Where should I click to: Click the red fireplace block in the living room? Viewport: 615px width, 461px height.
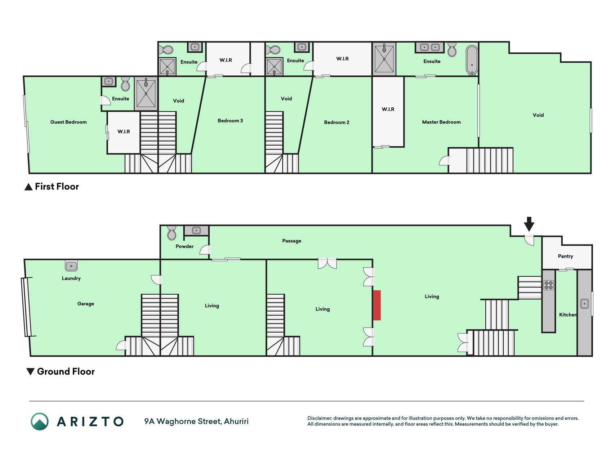point(376,305)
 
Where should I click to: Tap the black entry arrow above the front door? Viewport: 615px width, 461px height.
point(529,224)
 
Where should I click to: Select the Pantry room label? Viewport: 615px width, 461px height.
point(565,256)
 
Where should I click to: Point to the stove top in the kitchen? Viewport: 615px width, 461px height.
point(549,285)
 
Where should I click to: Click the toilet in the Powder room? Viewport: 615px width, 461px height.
point(172,233)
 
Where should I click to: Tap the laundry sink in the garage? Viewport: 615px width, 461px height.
point(71,266)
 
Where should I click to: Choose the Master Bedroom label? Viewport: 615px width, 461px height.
point(441,122)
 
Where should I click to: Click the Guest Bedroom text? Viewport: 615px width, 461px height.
point(68,122)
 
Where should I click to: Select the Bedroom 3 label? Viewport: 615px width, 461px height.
point(230,121)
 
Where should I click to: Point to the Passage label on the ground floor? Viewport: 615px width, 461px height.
point(291,241)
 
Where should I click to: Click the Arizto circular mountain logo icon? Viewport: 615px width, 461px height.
point(40,421)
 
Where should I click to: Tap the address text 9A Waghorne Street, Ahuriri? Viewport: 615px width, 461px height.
point(196,421)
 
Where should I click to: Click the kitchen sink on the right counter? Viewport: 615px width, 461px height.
point(584,304)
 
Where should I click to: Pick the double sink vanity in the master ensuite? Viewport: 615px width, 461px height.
point(430,47)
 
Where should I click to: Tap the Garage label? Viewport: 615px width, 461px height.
point(86,304)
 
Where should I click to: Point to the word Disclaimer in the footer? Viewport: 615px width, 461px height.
point(320,418)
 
